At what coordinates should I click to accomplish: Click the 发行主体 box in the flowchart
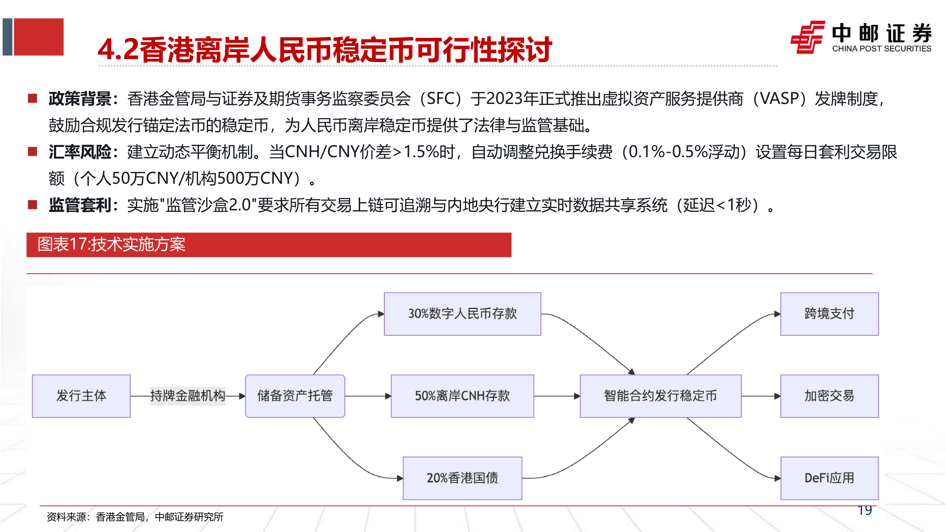[81, 396]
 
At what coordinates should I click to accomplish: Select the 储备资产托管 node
[295, 396]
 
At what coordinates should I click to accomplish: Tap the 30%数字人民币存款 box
[462, 314]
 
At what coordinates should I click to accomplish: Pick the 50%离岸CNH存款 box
[462, 396]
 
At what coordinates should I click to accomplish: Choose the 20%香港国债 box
[462, 478]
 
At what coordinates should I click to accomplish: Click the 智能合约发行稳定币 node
[660, 396]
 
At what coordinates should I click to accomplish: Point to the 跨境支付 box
[829, 314]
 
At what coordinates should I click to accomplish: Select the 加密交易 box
[829, 396]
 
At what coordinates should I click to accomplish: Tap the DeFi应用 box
[829, 478]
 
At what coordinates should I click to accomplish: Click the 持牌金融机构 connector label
[187, 396]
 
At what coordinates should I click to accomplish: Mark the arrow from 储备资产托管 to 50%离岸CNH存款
[368, 396]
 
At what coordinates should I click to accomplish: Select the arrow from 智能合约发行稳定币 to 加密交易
[761, 396]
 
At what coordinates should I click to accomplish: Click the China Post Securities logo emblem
[807, 37]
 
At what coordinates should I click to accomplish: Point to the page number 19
[865, 510]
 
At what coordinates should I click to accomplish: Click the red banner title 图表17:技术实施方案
[112, 244]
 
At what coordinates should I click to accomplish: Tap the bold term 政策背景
[80, 99]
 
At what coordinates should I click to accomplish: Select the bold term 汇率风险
[80, 152]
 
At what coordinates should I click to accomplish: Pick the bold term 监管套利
[80, 205]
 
